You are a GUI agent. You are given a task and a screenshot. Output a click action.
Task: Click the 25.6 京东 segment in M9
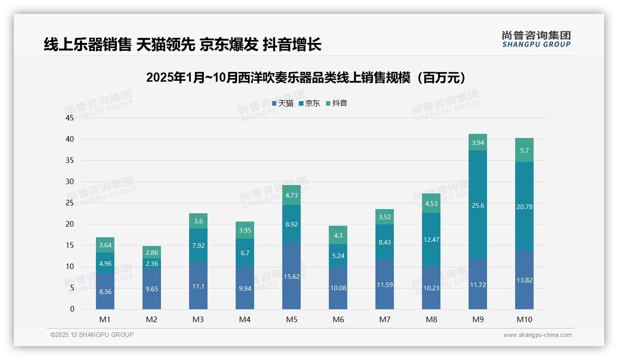[478, 205]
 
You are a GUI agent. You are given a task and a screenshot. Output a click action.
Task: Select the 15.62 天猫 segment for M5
[291, 276]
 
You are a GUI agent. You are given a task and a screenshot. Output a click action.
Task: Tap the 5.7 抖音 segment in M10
[524, 150]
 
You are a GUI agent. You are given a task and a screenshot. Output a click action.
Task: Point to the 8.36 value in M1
[105, 292]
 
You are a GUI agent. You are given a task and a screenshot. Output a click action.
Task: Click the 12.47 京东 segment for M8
[431, 240]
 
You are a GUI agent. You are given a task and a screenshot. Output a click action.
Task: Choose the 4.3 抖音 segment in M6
[338, 235]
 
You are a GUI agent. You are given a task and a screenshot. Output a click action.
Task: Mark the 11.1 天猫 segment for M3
[198, 286]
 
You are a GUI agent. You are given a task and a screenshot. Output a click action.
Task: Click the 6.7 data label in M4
[245, 253]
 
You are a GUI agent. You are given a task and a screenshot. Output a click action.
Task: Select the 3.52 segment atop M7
[385, 217]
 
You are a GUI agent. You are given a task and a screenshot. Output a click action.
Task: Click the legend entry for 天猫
[282, 103]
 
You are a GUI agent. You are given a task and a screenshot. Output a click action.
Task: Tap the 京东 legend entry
[309, 103]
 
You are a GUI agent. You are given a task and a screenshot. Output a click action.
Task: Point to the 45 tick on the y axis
[70, 118]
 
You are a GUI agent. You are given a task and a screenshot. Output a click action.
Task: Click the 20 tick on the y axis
[70, 224]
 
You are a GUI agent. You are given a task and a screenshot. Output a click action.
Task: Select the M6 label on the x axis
[338, 319]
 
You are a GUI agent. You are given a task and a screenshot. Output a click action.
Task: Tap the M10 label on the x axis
[524, 319]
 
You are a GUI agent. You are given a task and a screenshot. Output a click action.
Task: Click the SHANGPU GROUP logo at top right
[536, 39]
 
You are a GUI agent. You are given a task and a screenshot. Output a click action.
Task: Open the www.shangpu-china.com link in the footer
[537, 335]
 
